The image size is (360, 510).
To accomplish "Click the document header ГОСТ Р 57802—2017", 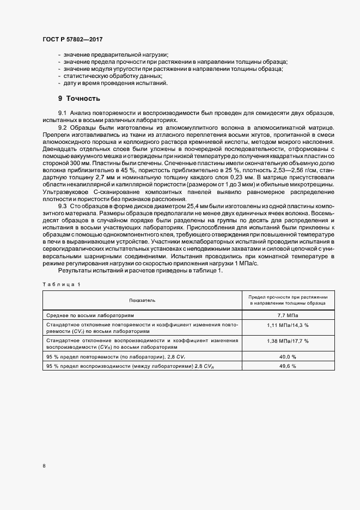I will (72, 40).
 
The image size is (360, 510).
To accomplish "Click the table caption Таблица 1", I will (61, 284).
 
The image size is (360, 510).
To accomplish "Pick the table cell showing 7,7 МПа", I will (288, 315).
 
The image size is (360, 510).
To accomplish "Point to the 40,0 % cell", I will (288, 356).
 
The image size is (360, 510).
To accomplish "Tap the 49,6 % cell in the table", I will (288, 366).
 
